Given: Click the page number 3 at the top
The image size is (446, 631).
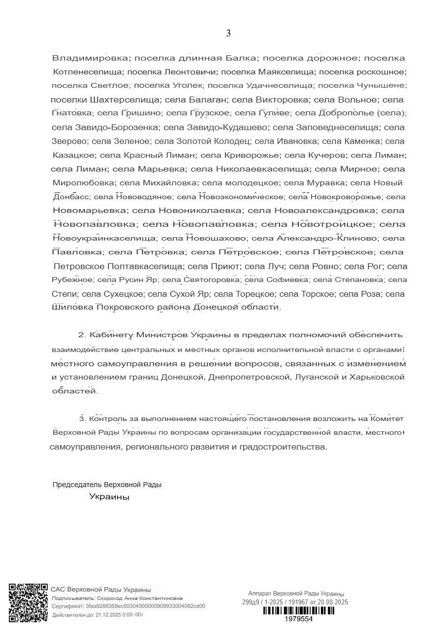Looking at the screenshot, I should (x=228, y=34).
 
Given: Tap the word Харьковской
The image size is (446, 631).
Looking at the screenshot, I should (x=379, y=378).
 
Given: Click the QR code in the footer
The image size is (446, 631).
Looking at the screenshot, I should (x=28, y=602).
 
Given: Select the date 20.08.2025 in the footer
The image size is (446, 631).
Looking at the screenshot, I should (x=333, y=602).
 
